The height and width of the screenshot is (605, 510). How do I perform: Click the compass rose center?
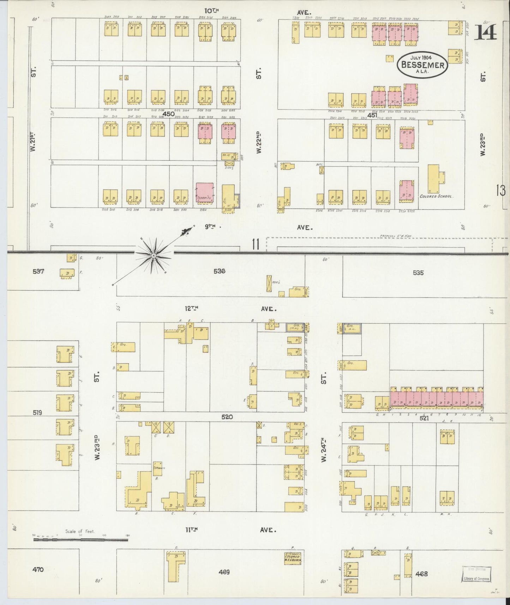pos(154,255)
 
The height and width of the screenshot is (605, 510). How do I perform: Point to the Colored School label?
pos(436,196)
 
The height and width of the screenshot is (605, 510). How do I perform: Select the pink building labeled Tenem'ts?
pos(205,192)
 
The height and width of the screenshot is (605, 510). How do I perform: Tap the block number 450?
pos(168,114)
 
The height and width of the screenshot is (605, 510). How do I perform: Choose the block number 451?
pos(372,115)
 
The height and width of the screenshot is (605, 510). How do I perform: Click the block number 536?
pos(219,271)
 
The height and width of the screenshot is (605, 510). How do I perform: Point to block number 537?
pos(38,271)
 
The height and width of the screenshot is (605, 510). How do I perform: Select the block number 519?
pos(37,412)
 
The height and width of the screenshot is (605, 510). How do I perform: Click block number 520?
pos(227,417)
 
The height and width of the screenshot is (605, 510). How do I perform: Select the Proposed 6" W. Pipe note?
pos(396,235)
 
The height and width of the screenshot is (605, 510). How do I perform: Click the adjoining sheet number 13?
pos(500,191)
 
